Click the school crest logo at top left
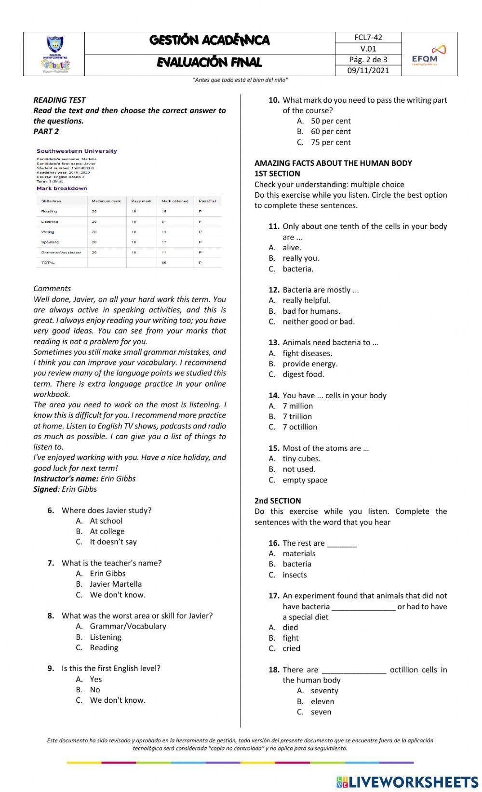click(54, 54)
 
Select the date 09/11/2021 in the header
click(368, 70)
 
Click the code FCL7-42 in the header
click(368, 38)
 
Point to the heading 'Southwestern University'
click(77, 151)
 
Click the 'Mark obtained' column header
click(174, 201)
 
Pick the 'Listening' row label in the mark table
click(50, 222)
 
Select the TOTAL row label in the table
click(48, 263)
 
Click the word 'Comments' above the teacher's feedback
click(52, 288)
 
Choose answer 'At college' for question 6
click(107, 531)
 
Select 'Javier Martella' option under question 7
click(116, 584)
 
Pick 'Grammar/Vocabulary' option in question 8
click(128, 626)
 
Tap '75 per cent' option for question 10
click(331, 142)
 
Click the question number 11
click(274, 227)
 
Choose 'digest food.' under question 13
click(303, 374)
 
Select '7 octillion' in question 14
click(300, 427)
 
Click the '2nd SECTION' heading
click(278, 501)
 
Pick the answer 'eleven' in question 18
click(322, 701)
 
